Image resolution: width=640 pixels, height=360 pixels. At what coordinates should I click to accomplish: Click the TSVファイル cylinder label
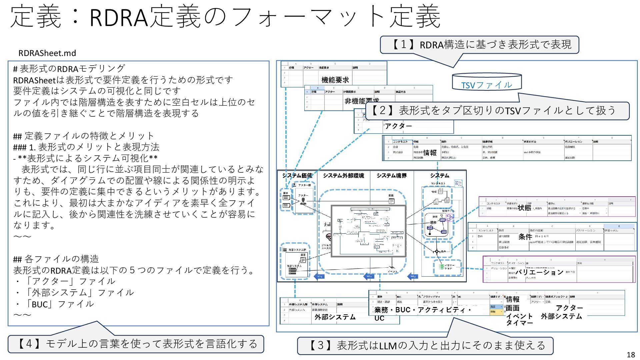486,85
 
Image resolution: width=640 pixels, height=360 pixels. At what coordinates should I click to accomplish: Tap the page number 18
631,355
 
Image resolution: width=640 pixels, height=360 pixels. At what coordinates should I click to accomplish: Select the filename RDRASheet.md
47,53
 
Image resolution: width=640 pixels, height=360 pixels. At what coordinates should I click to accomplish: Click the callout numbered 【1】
479,45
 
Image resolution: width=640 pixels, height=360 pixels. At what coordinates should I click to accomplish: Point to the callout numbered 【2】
497,110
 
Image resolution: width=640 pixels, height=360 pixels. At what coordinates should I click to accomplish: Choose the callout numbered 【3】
425,345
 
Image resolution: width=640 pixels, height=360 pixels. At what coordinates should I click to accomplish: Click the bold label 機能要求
335,80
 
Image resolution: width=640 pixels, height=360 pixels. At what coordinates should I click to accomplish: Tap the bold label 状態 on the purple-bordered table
524,208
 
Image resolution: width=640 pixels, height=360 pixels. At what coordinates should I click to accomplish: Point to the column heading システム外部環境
343,175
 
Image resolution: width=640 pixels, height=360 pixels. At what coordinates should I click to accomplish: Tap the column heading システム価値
297,175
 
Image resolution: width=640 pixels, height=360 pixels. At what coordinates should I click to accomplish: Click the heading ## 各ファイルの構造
56,259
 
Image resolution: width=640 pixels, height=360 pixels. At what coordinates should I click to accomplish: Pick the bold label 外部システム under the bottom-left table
335,317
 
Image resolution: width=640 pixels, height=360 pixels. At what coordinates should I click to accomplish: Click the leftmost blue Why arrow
319,276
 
